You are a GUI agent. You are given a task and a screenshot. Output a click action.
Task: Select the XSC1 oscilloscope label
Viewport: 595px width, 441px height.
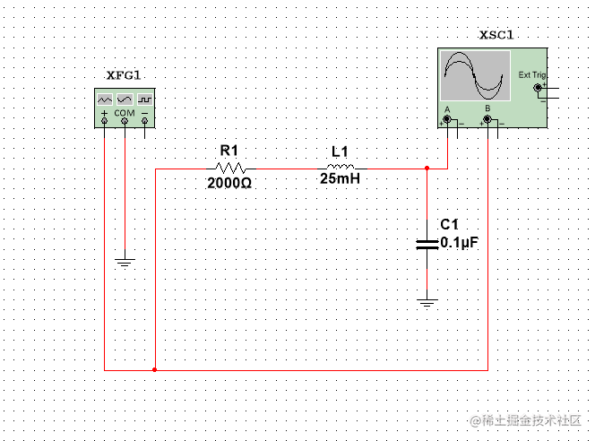pyautogui.click(x=497, y=36)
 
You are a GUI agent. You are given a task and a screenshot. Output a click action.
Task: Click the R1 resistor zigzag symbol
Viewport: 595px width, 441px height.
pyautogui.click(x=231, y=168)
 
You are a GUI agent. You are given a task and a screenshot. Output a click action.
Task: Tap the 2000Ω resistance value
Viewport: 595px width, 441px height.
pyautogui.click(x=230, y=182)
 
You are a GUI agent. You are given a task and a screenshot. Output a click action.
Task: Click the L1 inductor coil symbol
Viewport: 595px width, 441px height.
pyautogui.click(x=341, y=168)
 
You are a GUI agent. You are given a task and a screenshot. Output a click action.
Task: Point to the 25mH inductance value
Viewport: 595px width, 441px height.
pyautogui.click(x=340, y=178)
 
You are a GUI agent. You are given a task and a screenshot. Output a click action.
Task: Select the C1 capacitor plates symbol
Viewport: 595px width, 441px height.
pyautogui.click(x=427, y=243)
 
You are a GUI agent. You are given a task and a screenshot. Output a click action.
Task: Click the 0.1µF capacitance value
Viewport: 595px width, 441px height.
pyautogui.click(x=461, y=242)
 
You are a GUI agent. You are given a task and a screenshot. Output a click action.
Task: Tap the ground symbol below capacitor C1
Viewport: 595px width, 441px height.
pyautogui.click(x=427, y=303)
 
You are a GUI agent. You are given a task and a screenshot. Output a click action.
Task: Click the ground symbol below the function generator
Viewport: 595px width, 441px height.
pyautogui.click(x=125, y=263)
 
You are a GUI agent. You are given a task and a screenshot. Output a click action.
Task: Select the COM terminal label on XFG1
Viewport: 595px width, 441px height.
pyautogui.click(x=125, y=114)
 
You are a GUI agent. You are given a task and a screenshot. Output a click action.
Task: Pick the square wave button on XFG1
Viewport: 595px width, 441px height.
pyautogui.click(x=144, y=98)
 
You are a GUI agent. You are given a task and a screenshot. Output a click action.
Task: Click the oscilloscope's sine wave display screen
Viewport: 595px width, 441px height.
pyautogui.click(x=475, y=75)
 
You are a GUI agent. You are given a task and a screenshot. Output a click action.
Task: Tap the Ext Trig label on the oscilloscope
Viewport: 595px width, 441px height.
pyautogui.click(x=531, y=75)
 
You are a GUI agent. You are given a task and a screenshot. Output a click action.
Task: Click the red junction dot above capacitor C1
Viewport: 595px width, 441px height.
pyautogui.click(x=427, y=168)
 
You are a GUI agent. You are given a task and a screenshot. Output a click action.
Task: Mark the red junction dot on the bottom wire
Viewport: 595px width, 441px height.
pyautogui.click(x=155, y=369)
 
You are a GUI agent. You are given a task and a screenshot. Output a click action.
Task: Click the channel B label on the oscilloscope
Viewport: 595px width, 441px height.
pyautogui.click(x=487, y=108)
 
